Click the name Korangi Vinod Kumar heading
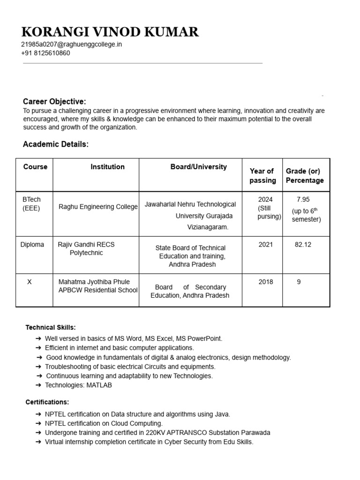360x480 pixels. click(x=110, y=32)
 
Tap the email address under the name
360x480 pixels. click(x=71, y=45)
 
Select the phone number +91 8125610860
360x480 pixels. click(x=45, y=53)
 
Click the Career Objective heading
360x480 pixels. click(x=54, y=102)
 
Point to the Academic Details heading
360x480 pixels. click(x=55, y=144)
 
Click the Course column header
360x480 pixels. click(x=35, y=167)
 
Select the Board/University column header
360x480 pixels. click(x=198, y=167)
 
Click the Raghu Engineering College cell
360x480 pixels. click(x=98, y=207)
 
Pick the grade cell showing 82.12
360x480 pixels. click(x=303, y=245)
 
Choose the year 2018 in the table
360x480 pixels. click(x=265, y=282)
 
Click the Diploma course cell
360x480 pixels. click(x=32, y=245)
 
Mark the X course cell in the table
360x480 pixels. click(x=30, y=282)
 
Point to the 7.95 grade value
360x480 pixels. click(x=303, y=200)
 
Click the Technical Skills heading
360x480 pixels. click(x=50, y=327)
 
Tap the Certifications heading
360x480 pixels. click(x=47, y=402)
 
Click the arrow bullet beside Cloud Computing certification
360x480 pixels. click(x=38, y=424)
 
